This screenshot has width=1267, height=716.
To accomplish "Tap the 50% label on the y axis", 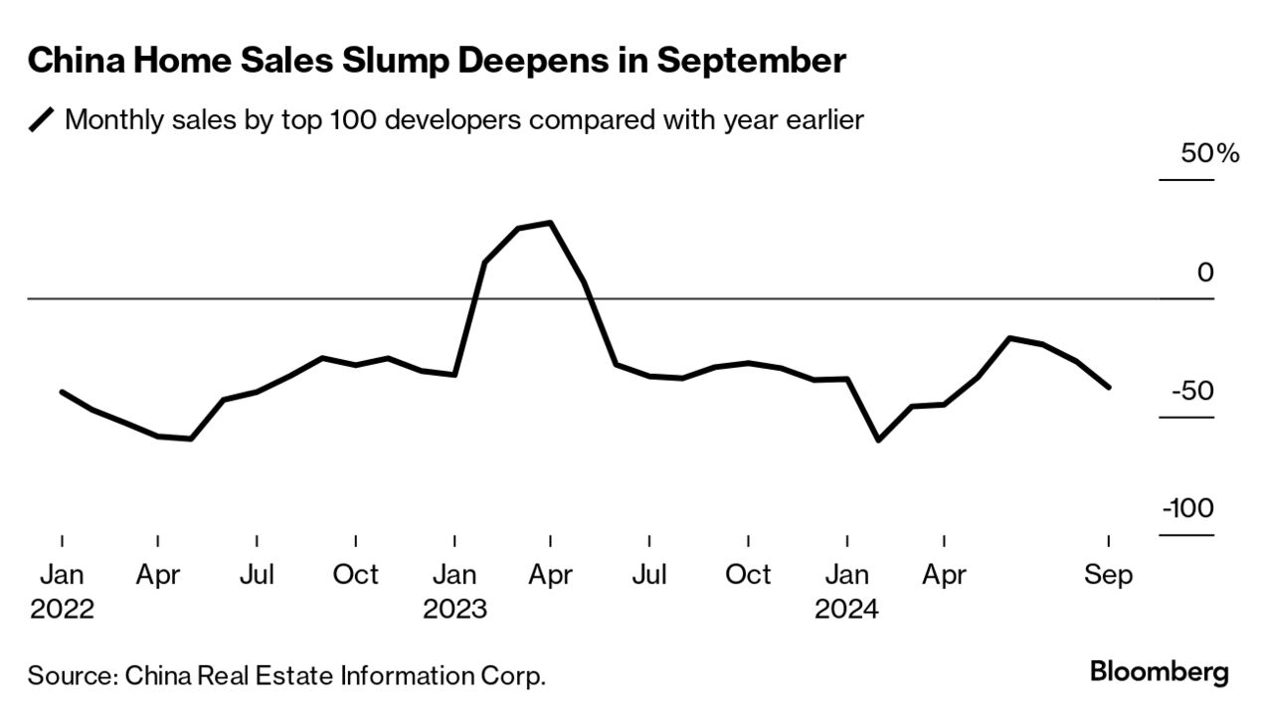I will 1209,154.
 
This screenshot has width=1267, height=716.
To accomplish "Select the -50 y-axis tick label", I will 1193,391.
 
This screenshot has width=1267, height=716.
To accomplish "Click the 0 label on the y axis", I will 1205,272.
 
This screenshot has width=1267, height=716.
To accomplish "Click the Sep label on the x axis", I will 1109,575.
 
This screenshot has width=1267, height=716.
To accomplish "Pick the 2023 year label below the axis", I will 454,609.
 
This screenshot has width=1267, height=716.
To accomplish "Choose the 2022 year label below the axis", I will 62,609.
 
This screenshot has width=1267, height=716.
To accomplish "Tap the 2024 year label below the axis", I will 847,609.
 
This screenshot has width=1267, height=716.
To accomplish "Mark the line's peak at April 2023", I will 550,223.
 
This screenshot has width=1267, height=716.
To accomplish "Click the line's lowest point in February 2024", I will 878,440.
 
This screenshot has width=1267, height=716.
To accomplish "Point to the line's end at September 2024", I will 1109,387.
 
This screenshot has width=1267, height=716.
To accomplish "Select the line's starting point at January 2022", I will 62,392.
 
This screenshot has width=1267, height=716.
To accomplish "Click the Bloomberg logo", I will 1159,671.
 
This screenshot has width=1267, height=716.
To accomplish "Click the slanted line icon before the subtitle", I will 42,121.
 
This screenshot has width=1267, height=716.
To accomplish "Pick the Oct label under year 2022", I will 355,575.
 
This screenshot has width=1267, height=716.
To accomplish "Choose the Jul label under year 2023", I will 649,575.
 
